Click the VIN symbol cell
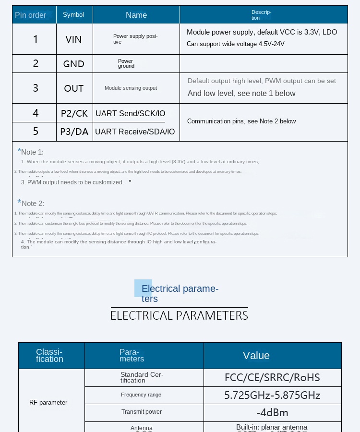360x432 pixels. click(x=74, y=39)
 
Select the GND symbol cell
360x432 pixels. click(x=74, y=64)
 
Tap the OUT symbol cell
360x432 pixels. click(x=74, y=88)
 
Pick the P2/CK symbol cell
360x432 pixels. click(x=74, y=113)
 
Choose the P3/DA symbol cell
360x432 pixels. click(x=74, y=132)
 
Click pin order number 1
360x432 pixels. click(x=36, y=39)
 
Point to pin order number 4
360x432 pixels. click(x=36, y=113)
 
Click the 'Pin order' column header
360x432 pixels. click(x=31, y=15)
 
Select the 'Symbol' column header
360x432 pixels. click(x=73, y=15)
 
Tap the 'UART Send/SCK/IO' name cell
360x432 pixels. click(x=131, y=114)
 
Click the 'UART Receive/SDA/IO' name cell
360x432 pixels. click(x=135, y=132)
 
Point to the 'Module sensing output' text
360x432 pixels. click(x=131, y=88)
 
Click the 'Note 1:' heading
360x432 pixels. click(x=32, y=152)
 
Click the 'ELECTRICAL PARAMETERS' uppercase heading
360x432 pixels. click(x=179, y=315)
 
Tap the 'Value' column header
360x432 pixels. click(x=256, y=356)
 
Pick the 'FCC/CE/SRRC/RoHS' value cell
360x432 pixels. click(x=272, y=377)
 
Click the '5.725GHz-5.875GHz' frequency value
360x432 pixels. click(x=272, y=396)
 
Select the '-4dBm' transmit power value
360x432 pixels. click(x=272, y=412)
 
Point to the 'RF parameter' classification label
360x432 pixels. click(x=48, y=403)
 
